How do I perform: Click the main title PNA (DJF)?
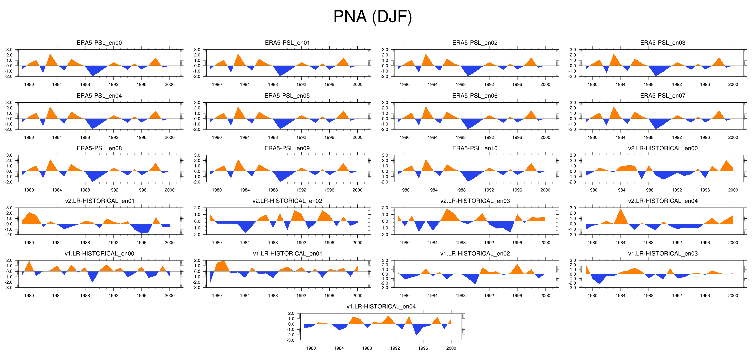pos(373,17)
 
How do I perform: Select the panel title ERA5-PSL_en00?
pos(99,43)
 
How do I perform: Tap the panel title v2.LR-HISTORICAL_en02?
pos(287,201)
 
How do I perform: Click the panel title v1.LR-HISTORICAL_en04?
pos(381,307)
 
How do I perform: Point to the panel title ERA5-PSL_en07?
pos(663,96)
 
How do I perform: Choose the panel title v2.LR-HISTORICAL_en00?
pos(663,148)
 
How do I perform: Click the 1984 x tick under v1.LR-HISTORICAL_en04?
pos(339,348)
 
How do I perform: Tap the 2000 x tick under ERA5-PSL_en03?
pos(733,85)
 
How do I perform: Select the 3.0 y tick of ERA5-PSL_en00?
pos(9,50)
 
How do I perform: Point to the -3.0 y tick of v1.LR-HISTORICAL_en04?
pos(291,340)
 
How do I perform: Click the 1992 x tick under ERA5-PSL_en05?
pos(301,137)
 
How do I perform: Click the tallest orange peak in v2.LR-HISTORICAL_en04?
pos(621,209)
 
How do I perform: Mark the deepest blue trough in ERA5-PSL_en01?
pos(280,76)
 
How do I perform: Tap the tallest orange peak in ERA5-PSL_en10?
pos(426,159)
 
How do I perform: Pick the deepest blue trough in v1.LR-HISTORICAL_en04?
pos(416,335)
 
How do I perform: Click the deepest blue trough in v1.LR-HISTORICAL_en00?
pos(92,282)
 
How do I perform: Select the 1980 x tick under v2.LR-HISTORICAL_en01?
pos(29,243)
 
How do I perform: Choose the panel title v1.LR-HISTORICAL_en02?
pos(475,254)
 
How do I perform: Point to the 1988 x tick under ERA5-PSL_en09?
pos(273,190)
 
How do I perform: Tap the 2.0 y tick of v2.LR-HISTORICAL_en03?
pos(385,208)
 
